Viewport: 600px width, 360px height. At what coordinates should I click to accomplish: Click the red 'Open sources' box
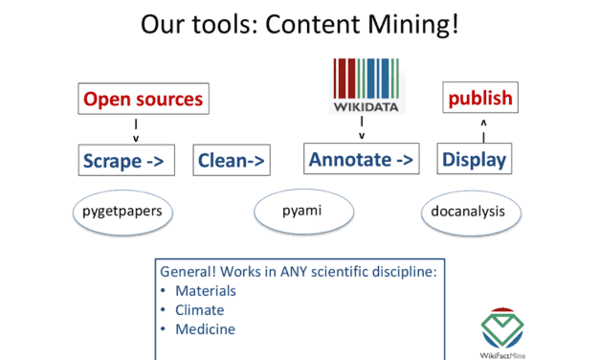(x=142, y=99)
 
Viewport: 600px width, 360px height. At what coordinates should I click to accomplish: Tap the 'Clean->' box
(x=232, y=161)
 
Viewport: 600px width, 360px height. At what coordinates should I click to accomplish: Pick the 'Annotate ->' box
(x=362, y=159)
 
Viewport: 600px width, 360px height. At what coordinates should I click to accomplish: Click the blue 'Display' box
(x=474, y=160)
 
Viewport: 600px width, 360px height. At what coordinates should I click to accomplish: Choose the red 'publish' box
(x=481, y=98)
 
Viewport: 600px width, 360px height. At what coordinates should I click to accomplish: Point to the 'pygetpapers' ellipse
(x=122, y=212)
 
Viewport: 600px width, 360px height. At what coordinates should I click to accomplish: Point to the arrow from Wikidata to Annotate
(x=362, y=128)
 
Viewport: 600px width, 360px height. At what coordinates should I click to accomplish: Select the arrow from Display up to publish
(x=482, y=128)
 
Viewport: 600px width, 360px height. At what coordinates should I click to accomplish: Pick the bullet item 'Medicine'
(x=205, y=329)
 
